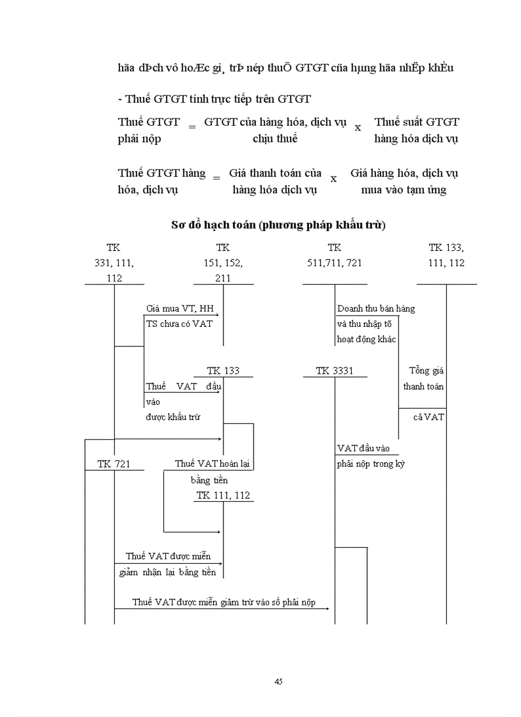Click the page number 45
click(278, 681)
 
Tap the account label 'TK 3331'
click(334, 371)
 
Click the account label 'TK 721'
click(114, 464)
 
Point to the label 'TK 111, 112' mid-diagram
click(223, 495)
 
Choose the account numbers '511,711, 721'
click(334, 263)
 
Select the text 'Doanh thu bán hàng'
click(375, 308)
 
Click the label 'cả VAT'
click(428, 417)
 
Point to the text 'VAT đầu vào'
click(363, 448)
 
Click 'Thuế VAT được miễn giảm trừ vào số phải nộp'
click(223, 602)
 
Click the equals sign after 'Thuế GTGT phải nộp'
click(192, 127)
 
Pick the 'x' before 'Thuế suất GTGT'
click(358, 128)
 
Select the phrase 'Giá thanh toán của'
click(275, 173)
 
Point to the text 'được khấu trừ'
click(173, 417)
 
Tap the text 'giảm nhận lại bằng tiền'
click(167, 572)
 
